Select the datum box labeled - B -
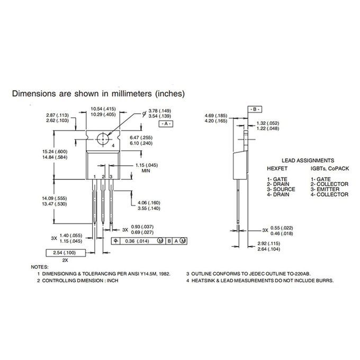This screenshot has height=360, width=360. click(x=254, y=108)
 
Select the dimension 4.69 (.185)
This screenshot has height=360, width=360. click(x=216, y=115)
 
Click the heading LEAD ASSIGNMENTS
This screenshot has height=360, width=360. click(x=307, y=160)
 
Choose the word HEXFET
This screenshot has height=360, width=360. click(x=277, y=168)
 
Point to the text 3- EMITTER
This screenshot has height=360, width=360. click(x=327, y=190)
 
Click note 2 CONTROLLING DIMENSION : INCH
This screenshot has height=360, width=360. click(x=77, y=280)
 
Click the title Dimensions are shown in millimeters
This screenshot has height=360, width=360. click(x=98, y=94)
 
